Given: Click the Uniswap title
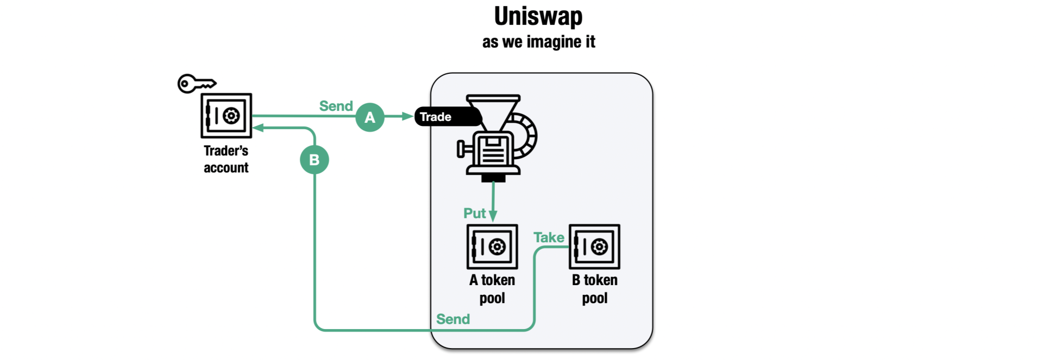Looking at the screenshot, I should [538, 16].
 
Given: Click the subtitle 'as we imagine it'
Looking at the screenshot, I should [538, 42].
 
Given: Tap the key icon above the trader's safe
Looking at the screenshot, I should [196, 84].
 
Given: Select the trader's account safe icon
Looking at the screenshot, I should [226, 116].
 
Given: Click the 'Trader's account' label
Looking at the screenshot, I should [226, 159].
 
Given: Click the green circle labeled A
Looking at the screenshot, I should [370, 117].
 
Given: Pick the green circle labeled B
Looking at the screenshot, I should [315, 160].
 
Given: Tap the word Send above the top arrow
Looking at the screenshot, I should [336, 106].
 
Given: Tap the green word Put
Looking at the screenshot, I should [474, 213].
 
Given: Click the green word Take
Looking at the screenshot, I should [549, 237].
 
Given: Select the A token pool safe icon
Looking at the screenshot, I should [492, 247].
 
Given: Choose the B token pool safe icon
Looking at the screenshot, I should [594, 247].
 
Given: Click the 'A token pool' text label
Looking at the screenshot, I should [492, 289].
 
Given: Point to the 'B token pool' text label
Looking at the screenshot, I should [595, 289].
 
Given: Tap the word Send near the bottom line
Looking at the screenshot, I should [453, 319].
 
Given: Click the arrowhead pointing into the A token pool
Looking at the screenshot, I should [493, 217].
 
